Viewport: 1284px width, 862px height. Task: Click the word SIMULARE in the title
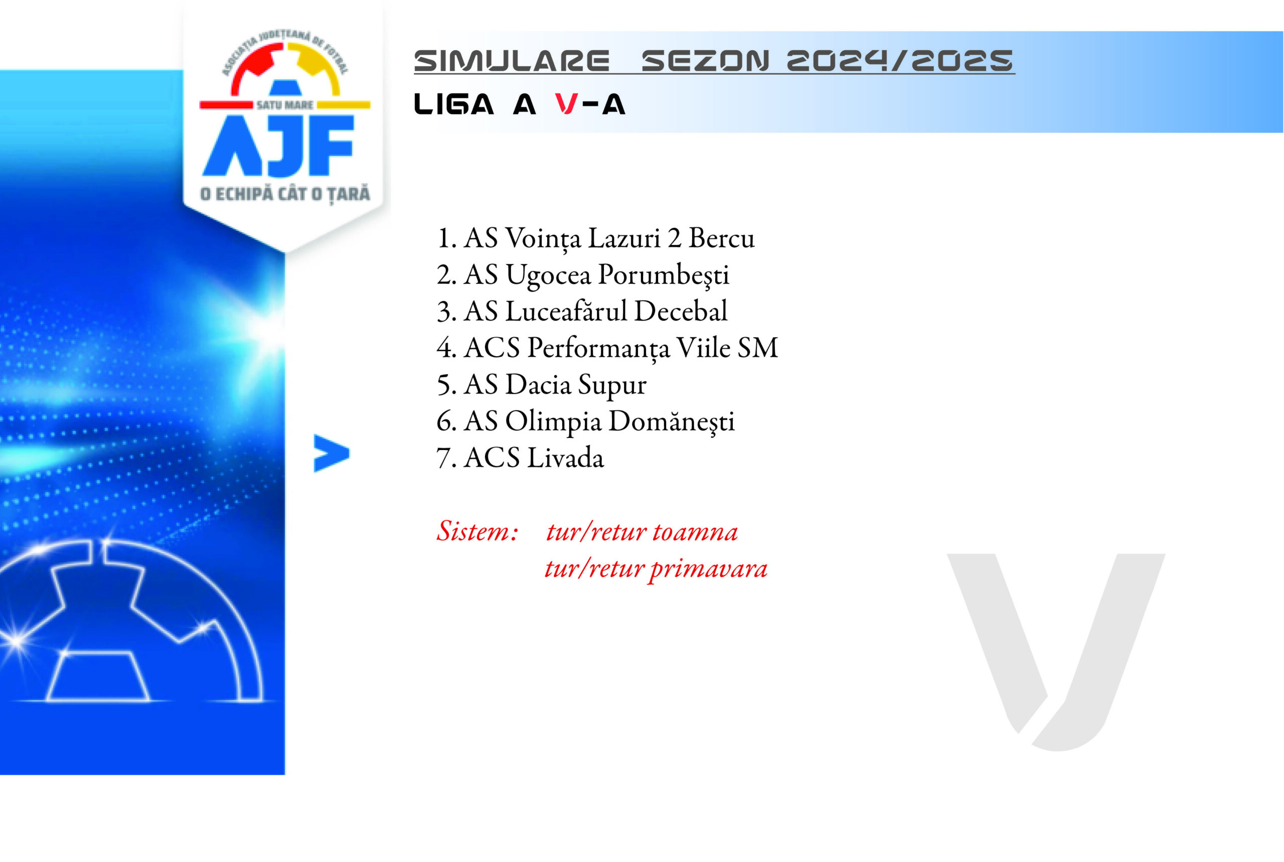click(x=512, y=61)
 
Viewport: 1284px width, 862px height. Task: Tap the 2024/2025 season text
click(x=900, y=61)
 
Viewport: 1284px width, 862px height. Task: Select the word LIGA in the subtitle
click(x=454, y=104)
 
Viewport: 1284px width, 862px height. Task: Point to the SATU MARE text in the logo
click(x=284, y=104)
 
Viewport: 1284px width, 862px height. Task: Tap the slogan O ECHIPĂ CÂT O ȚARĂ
click(x=284, y=194)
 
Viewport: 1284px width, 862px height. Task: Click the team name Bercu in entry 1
click(x=721, y=238)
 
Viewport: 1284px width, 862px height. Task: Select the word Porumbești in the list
click(x=663, y=275)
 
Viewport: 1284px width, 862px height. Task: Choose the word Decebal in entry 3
click(x=681, y=311)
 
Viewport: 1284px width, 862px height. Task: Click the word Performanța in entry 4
click(x=598, y=348)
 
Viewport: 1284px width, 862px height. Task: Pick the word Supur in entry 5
click(x=612, y=385)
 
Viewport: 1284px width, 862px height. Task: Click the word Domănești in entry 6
click(x=672, y=421)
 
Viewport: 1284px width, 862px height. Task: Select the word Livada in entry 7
click(x=565, y=458)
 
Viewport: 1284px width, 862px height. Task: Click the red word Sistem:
click(x=477, y=531)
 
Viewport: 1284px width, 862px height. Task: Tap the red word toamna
click(x=695, y=532)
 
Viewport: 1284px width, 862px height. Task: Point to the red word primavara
click(x=708, y=569)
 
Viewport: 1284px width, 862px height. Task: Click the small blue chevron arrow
click(x=332, y=453)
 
